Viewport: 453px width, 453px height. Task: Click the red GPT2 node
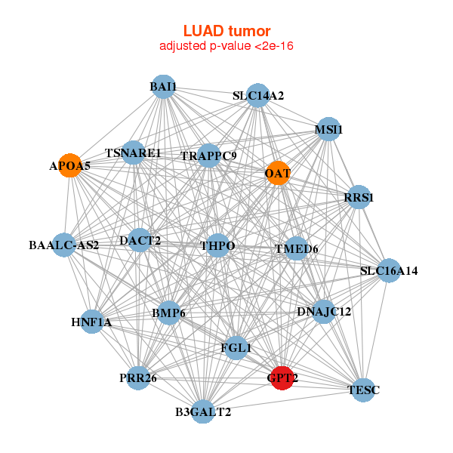(x=282, y=378)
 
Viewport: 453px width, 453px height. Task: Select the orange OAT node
(x=278, y=174)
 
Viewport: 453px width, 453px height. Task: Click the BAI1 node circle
(x=163, y=87)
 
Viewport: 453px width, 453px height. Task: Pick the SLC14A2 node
(x=258, y=95)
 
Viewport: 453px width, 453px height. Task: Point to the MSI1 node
(x=328, y=129)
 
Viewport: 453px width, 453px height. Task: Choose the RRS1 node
(x=359, y=197)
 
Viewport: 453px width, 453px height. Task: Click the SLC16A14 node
(x=388, y=270)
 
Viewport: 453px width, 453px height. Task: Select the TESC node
(x=364, y=390)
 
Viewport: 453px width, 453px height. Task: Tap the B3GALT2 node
(x=202, y=411)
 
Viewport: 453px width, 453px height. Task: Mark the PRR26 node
(x=137, y=377)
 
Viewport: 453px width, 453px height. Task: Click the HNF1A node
(x=92, y=322)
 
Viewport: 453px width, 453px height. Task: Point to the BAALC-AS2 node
(x=64, y=245)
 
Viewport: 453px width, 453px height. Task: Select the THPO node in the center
(x=218, y=245)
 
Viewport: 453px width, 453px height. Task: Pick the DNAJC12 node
(x=323, y=311)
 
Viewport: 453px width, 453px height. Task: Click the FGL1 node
(x=236, y=347)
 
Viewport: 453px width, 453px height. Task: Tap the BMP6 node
(x=168, y=312)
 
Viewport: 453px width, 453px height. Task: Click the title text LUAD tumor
(x=226, y=31)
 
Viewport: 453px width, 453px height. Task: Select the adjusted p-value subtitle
(x=226, y=46)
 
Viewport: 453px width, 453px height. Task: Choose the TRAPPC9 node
(x=208, y=156)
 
